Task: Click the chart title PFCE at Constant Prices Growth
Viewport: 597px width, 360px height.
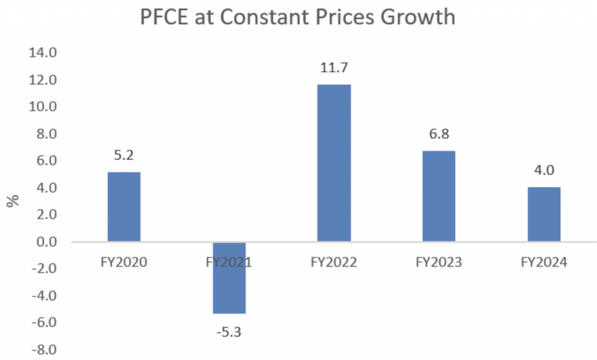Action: [x=297, y=17]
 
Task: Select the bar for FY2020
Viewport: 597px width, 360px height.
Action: [x=124, y=206]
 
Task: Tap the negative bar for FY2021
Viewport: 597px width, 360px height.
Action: [x=229, y=277]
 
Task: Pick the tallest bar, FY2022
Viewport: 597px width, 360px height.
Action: [x=334, y=163]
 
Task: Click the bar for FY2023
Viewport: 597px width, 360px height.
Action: [x=439, y=196]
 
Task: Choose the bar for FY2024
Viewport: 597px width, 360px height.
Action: [x=544, y=214]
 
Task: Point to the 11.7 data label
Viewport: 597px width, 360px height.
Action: [x=334, y=68]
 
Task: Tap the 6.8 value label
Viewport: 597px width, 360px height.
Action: [x=439, y=134]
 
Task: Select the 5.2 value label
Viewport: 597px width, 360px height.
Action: [x=124, y=156]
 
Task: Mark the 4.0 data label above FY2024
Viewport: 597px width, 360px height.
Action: [x=544, y=171]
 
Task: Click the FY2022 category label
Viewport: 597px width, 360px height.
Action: [x=334, y=262]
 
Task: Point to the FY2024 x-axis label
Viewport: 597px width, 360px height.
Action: [x=544, y=262]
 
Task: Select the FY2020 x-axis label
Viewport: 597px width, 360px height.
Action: [x=124, y=262]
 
